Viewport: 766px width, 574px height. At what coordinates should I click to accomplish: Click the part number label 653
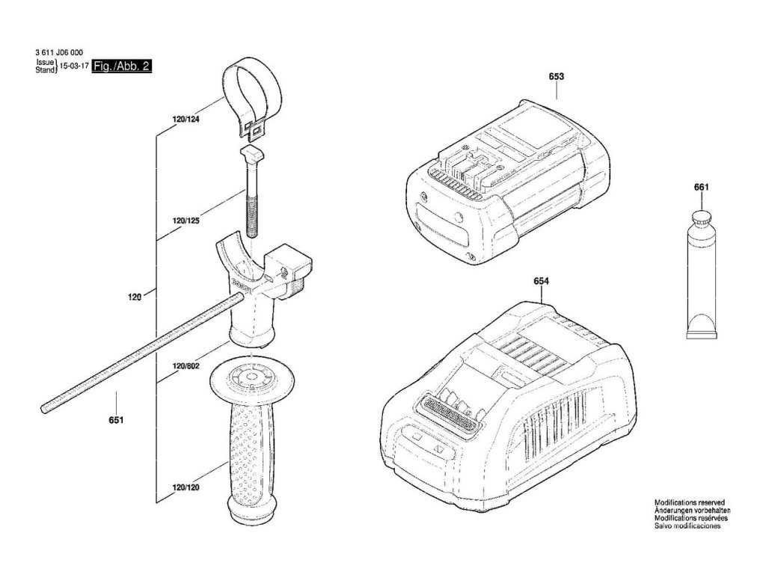tap(556, 76)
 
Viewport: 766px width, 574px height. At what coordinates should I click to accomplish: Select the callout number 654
tap(542, 281)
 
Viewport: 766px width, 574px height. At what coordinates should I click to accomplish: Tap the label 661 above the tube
tap(701, 187)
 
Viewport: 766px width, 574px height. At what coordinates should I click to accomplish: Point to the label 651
tap(115, 420)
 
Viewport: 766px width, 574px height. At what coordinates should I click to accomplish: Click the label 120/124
tap(186, 120)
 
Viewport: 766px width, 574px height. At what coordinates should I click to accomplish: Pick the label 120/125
tap(186, 221)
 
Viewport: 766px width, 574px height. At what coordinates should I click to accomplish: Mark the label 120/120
tap(186, 488)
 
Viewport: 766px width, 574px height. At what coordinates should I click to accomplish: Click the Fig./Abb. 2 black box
tap(127, 67)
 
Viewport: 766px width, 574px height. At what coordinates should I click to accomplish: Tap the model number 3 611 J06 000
tap(59, 52)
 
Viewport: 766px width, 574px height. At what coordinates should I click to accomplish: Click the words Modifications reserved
tap(689, 503)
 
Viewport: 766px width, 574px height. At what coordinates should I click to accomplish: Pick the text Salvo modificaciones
tap(687, 526)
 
